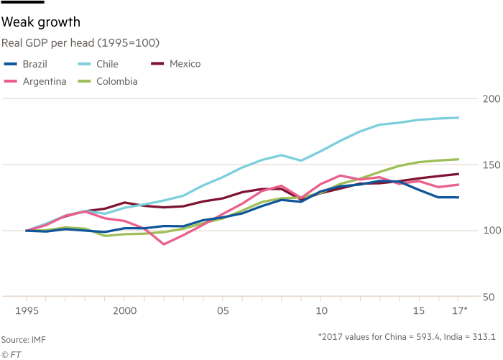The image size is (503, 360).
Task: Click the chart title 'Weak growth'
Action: pyautogui.click(x=40, y=23)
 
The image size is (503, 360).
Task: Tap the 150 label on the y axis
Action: pyautogui.click(x=491, y=165)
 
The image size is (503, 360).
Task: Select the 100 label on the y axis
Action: pyautogui.click(x=491, y=231)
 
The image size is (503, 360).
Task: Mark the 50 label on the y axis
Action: pyautogui.click(x=492, y=296)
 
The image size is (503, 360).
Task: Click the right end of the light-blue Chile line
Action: pyautogui.click(x=458, y=117)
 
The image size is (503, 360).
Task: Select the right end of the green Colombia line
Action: pyautogui.click(x=458, y=159)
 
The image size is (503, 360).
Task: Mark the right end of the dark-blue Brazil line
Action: pyautogui.click(x=458, y=198)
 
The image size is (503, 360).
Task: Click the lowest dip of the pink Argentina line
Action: pyautogui.click(x=165, y=244)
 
